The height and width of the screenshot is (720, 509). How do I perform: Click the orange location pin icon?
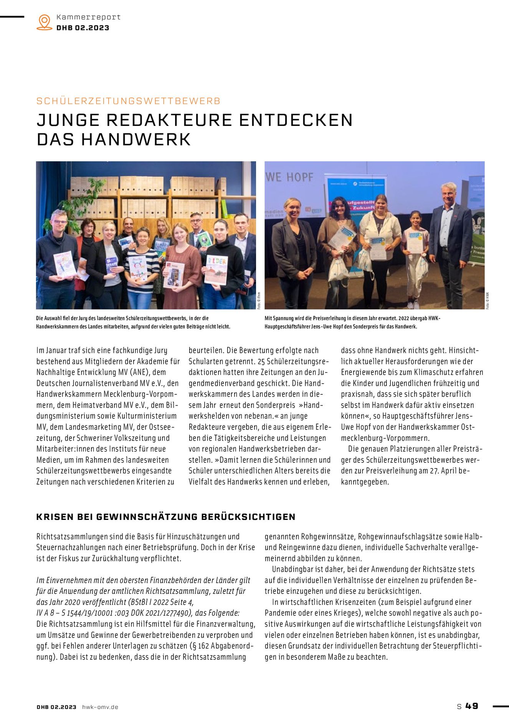[x=45, y=22]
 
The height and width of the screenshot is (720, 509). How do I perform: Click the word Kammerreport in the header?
[x=88, y=17]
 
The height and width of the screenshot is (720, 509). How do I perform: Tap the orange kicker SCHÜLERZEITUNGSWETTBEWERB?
[x=128, y=101]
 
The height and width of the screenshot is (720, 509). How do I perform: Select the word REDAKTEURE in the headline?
[x=169, y=120]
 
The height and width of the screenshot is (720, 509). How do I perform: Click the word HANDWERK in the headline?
[x=136, y=139]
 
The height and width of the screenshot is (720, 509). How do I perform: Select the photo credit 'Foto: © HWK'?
[x=488, y=300]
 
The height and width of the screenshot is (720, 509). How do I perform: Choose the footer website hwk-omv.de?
[x=100, y=707]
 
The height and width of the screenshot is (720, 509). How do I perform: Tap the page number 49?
[x=472, y=706]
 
